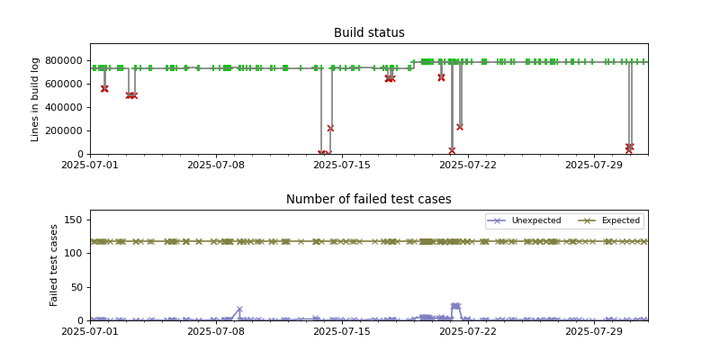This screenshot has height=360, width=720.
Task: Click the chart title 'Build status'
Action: pos(369,33)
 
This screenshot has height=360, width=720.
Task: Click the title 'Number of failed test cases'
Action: pos(369,200)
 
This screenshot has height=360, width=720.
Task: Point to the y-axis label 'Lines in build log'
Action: pos(36,99)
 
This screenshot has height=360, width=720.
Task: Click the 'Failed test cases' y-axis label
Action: pos(54,265)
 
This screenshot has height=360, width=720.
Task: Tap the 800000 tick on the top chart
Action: pos(66,61)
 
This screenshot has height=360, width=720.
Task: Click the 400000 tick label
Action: pos(66,108)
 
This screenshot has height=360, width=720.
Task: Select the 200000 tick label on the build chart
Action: pos(66,131)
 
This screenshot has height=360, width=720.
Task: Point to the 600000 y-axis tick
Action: pos(66,85)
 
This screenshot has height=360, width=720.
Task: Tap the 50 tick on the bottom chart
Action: pos(77,287)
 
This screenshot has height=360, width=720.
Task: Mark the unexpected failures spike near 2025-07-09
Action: pos(239,310)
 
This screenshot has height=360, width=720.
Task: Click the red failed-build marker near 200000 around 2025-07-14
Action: pos(330,129)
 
